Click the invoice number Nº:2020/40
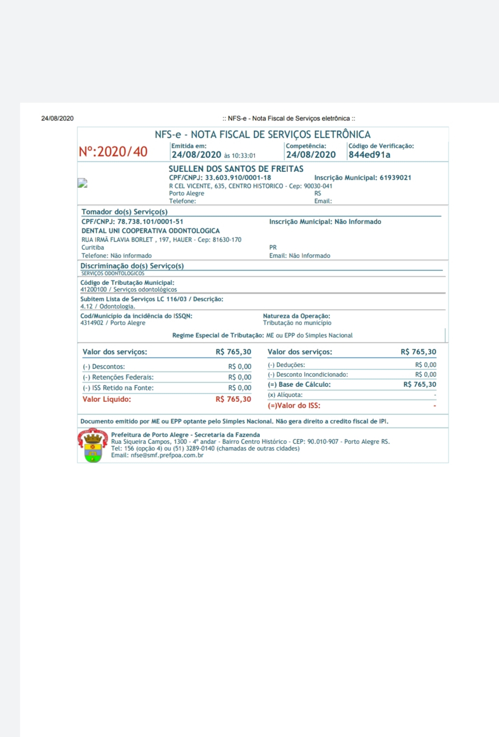pos(113,152)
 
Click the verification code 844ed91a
pos(369,155)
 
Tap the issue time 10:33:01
pos(243,156)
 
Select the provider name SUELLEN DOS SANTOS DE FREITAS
pos(236,169)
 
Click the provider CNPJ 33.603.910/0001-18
pos(238,178)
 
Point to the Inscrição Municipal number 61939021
pos(395,178)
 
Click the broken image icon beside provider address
pos(83,183)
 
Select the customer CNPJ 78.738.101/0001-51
pos(150,222)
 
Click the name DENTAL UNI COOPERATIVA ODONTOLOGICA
pos(150,231)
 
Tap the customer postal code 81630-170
pos(227,240)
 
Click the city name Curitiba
pos(93,248)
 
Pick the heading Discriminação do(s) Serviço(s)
pos(132,266)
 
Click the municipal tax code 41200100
pos(93,290)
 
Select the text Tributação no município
pos(297,323)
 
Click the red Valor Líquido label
pos(106,399)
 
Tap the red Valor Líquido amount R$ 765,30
pos(233,399)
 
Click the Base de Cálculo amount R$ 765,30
pos(419,385)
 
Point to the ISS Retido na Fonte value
pos(240,388)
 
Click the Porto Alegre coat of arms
pos(93,445)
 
